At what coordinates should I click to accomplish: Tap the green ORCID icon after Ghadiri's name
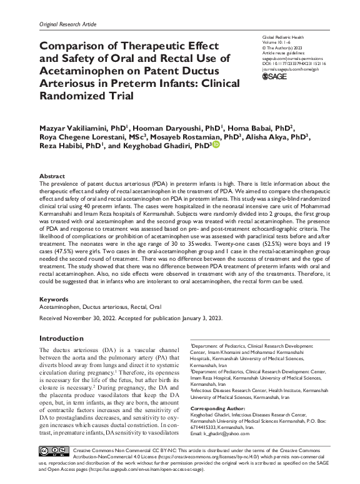coord(217,145)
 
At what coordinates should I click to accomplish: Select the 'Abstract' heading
coord(52,176)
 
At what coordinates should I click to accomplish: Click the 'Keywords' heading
coord(54,300)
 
